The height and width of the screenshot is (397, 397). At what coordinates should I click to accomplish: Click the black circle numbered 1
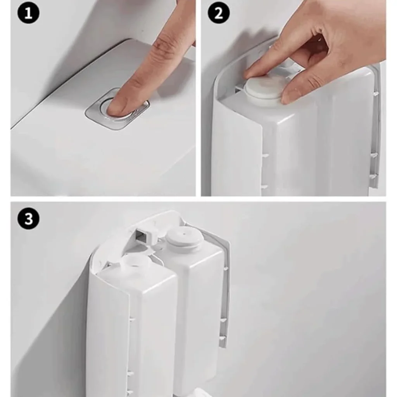coord(28,13)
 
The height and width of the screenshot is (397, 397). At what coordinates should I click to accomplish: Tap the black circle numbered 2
coord(219,13)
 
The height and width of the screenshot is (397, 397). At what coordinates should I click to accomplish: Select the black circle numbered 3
coord(28,218)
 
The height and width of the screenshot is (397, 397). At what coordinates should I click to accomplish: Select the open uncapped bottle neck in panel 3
coord(133,262)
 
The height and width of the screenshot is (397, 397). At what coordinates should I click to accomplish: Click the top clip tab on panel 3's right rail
coord(225,268)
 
